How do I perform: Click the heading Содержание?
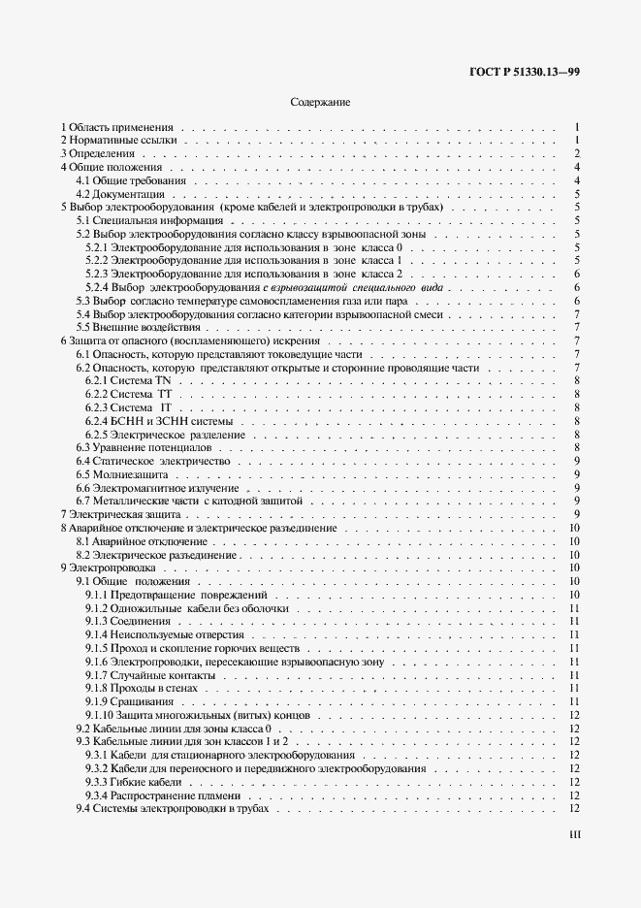[x=320, y=101]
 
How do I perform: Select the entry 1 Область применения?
[x=116, y=127]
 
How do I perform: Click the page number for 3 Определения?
[x=576, y=154]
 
